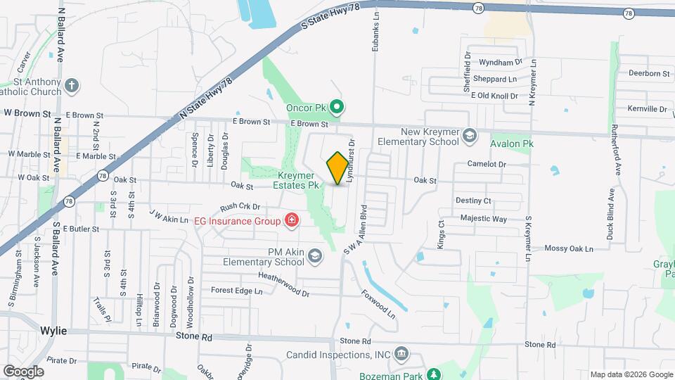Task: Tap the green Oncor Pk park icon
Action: coord(337,108)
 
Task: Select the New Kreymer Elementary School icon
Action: coord(470,136)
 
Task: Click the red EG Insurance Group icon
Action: coord(291,221)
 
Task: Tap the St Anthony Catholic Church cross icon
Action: coord(70,87)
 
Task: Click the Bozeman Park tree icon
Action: coord(435,374)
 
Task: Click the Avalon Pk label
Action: coord(510,142)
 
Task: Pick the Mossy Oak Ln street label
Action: coord(569,248)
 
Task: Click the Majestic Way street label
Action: coord(484,219)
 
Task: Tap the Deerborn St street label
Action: coord(648,73)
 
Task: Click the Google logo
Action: coord(22,371)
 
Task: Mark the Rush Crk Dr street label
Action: coord(240,207)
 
